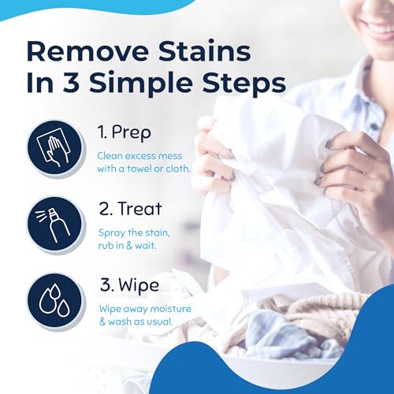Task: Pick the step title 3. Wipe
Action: (x=128, y=284)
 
